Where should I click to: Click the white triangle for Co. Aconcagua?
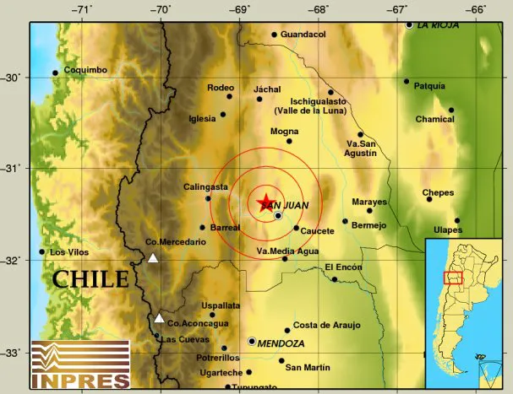tap(160, 318)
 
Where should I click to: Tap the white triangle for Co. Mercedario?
tap(153, 258)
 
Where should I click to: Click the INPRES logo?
tap(79, 364)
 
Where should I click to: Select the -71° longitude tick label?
tap(81, 10)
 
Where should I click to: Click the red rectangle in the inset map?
tap(453, 278)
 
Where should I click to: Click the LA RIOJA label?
tap(439, 25)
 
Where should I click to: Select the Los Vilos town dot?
tap(42, 251)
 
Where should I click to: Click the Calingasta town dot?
tap(208, 198)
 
